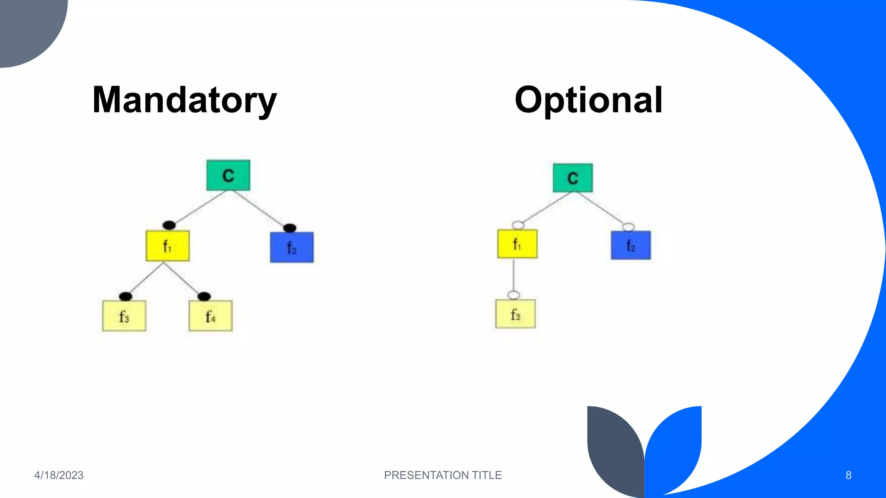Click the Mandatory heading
[184, 100]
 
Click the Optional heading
[588, 100]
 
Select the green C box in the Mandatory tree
[228, 175]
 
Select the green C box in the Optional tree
[573, 178]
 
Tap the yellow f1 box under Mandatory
[167, 246]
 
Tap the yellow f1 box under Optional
[517, 244]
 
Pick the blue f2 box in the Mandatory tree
[292, 247]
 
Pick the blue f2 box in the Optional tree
[631, 245]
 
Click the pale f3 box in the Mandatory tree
[124, 316]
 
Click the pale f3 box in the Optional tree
[515, 314]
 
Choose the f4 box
[210, 316]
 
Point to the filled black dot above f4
[204, 296]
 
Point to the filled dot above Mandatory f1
[169, 225]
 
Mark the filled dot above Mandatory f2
[289, 228]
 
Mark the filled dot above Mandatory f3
[125, 296]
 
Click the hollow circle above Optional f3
[514, 295]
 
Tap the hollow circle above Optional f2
[628, 227]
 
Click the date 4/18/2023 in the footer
[59, 475]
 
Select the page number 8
[848, 475]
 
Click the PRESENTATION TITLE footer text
[443, 475]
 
